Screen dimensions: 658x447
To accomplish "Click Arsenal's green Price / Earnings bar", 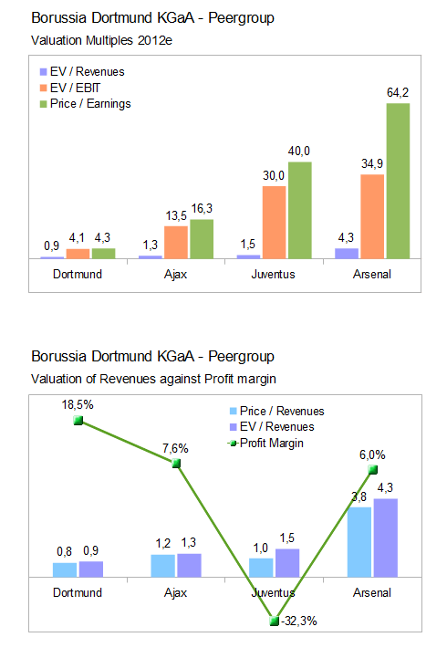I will pos(397,181).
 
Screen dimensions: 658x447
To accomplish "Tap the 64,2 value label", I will pos(397,93).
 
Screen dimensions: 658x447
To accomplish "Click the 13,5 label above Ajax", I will pos(175,216).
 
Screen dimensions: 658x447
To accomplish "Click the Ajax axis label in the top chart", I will pos(176,274).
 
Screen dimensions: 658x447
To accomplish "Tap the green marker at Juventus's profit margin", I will pos(275,621).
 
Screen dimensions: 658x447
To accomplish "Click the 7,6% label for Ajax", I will pos(175,448).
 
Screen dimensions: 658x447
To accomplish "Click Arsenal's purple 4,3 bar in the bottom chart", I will pos(386,538).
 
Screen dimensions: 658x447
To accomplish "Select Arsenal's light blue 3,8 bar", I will pos(359,542).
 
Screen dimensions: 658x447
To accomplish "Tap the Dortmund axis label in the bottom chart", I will pos(78,592).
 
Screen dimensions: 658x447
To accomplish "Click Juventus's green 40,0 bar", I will pos(299,209).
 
